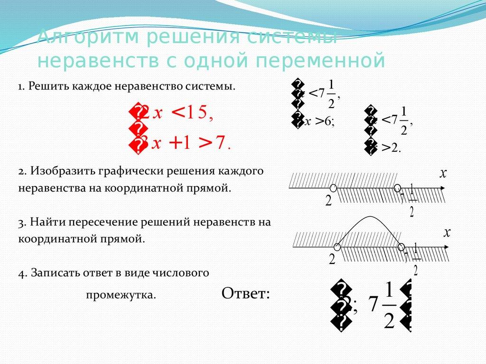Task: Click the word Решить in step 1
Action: tap(45, 87)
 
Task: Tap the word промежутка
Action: tap(121, 295)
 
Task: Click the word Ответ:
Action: tap(245, 293)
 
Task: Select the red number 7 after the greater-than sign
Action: tap(220, 143)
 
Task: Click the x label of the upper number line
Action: tap(443, 173)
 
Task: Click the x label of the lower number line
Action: tap(446, 232)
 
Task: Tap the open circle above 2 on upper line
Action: tap(333, 188)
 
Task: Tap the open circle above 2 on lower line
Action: tap(337, 246)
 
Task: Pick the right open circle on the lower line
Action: tap(401, 246)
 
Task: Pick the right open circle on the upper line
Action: tap(398, 188)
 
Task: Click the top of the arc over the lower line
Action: tap(368, 217)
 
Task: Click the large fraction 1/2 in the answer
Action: tap(388, 305)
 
